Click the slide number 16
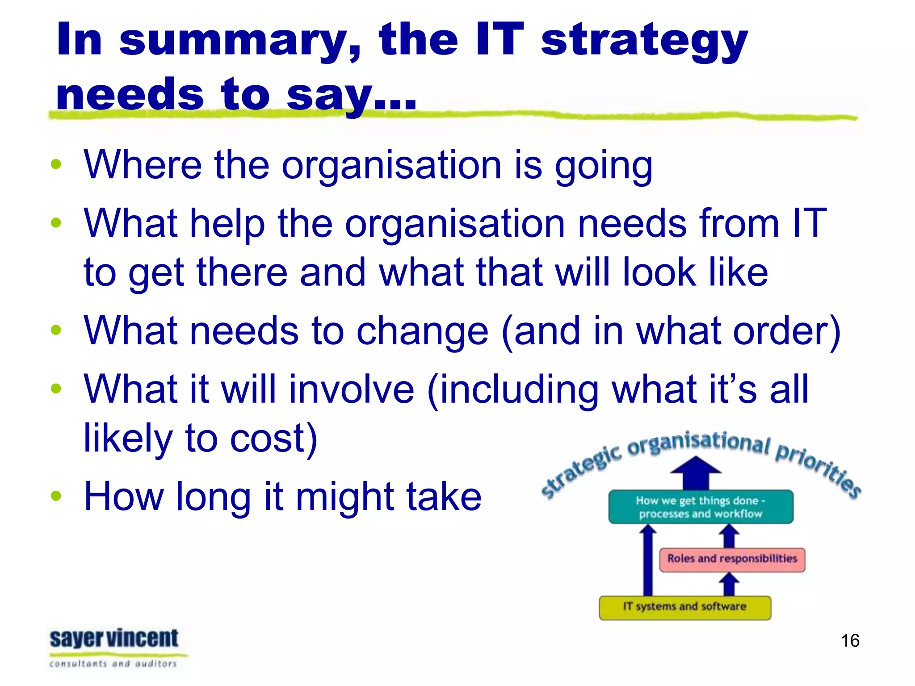coord(850,640)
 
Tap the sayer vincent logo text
coord(114,639)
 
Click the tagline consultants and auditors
coord(113,664)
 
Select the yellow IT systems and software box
coord(684,607)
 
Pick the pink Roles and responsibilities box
coord(732,559)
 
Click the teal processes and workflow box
coord(700,507)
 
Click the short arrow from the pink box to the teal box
coord(729,536)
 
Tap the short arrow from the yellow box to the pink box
coord(729,585)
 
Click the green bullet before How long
coord(56,496)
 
